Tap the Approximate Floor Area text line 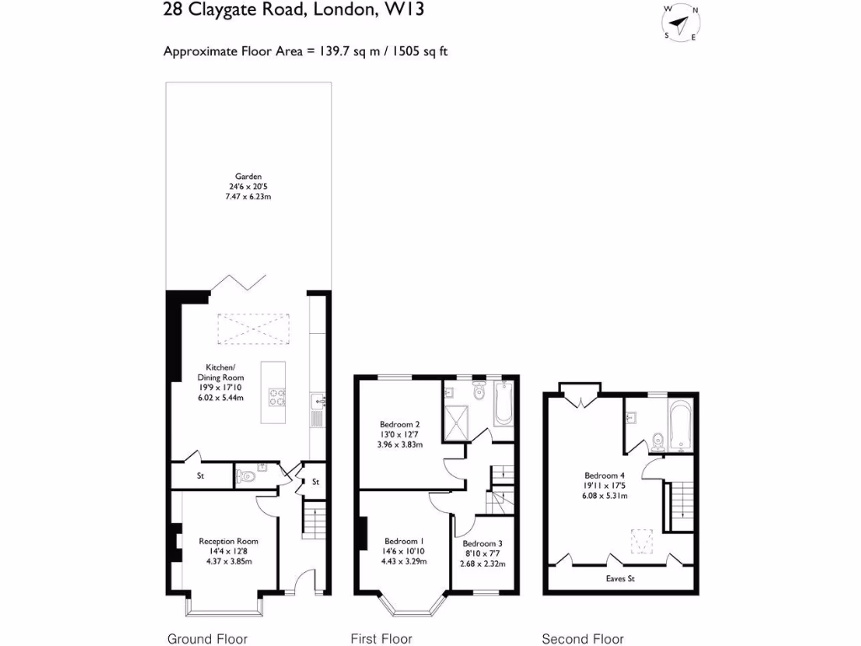[x=306, y=51]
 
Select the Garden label [x=248, y=186]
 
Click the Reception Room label [x=228, y=551]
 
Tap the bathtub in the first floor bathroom [x=504, y=405]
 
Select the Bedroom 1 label [x=404, y=551]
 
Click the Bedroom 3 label [x=483, y=553]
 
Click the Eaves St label [x=621, y=579]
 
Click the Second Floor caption [x=583, y=638]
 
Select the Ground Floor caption [x=208, y=638]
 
